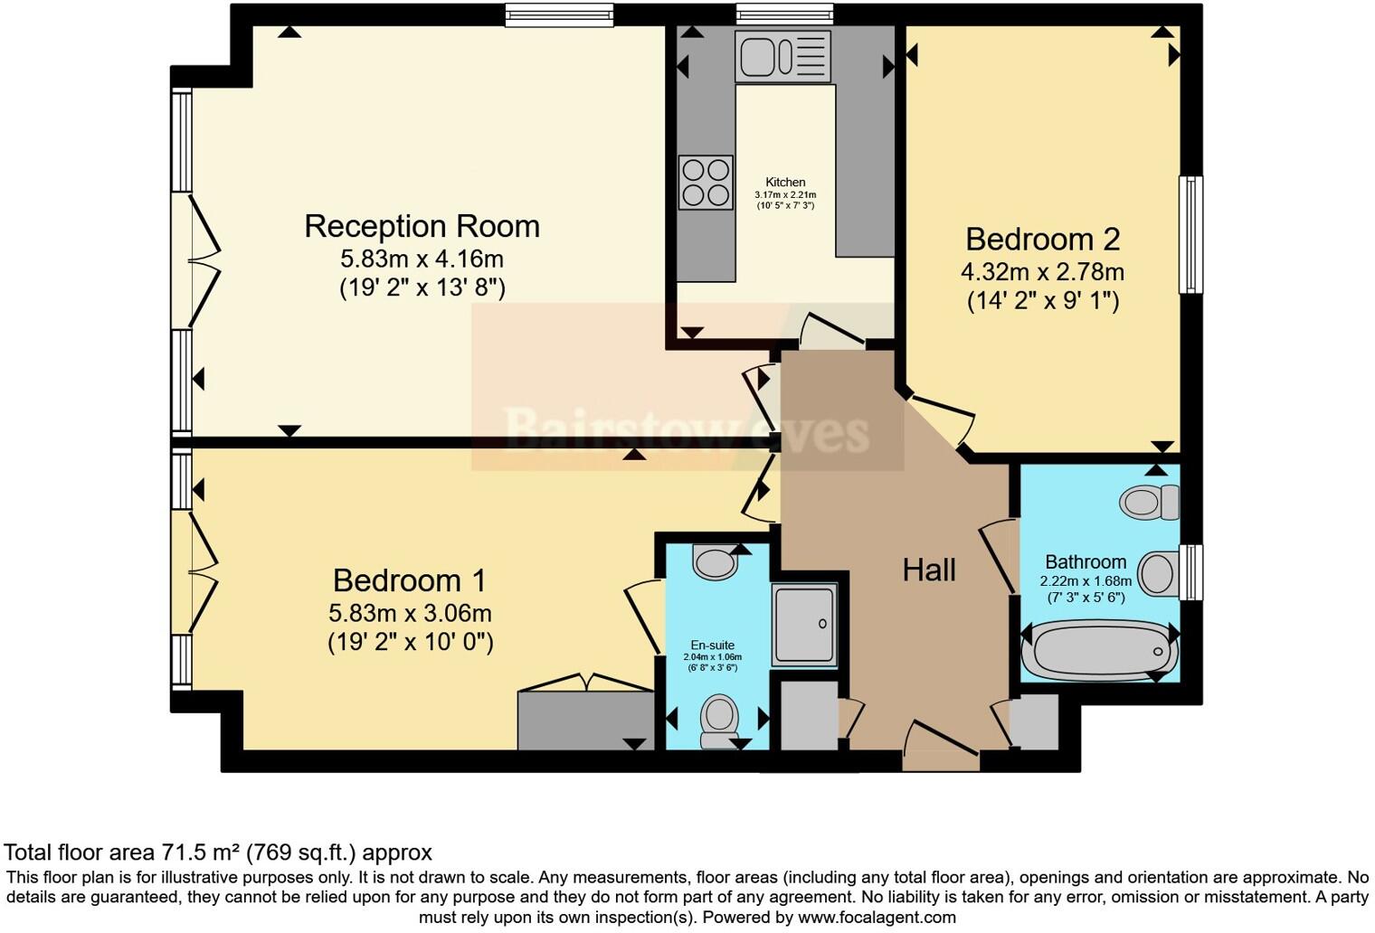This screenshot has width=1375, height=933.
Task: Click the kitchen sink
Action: click(782, 56)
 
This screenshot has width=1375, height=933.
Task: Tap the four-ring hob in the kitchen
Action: click(706, 183)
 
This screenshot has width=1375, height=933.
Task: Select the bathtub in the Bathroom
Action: click(1099, 650)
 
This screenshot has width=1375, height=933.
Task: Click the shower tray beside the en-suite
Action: click(804, 625)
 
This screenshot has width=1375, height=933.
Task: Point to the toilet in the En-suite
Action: click(719, 719)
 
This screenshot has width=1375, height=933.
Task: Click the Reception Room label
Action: click(422, 226)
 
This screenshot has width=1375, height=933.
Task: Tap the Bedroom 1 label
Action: click(409, 580)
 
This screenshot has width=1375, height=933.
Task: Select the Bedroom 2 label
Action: click(1042, 240)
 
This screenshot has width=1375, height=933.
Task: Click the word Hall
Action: click(929, 570)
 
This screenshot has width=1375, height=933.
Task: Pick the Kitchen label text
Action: click(785, 182)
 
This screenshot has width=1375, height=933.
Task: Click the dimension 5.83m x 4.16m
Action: click(422, 259)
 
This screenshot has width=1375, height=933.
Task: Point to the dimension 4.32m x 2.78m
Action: click(1042, 271)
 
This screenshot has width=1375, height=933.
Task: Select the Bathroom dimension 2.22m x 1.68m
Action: click(1086, 581)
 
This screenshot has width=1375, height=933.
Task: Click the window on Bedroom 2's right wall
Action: click(1190, 234)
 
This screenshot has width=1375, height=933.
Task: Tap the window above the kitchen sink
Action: click(783, 14)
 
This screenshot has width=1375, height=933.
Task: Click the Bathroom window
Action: click(1191, 571)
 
